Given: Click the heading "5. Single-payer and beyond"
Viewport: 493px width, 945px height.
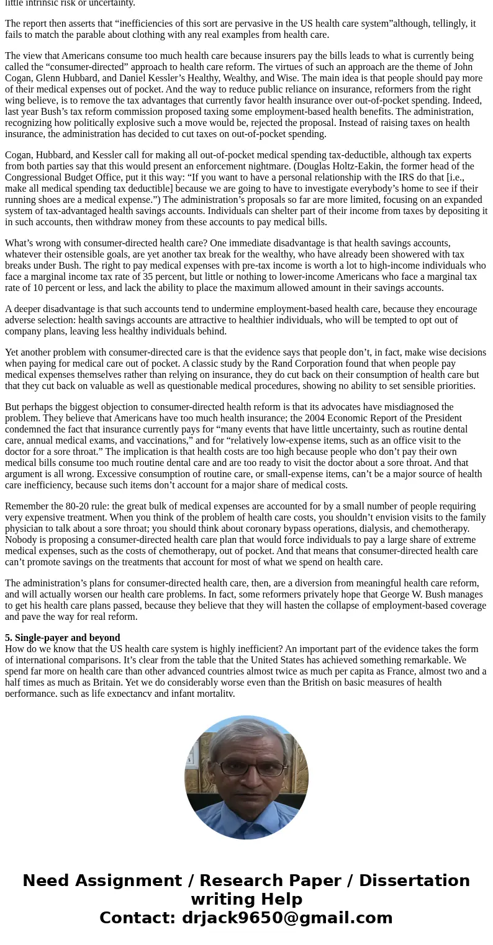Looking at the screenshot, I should point(63,638).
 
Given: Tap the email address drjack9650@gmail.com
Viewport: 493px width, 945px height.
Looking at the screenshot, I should point(287,918).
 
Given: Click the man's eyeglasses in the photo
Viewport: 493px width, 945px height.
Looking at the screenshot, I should point(246,768).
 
